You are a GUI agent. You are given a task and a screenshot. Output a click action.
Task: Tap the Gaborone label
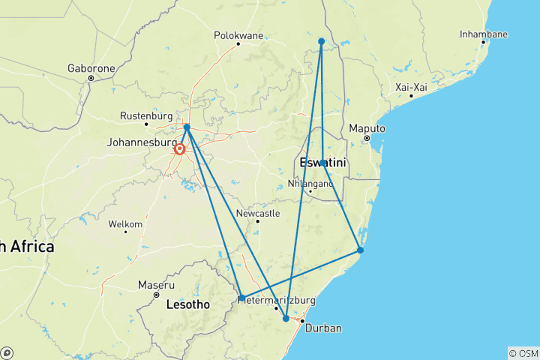91,67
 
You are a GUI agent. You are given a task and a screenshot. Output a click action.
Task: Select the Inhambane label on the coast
484,34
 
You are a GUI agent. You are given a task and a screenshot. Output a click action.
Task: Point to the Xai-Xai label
412,87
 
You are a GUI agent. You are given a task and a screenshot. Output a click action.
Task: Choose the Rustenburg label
145,115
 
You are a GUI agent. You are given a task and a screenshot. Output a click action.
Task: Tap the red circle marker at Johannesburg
180,149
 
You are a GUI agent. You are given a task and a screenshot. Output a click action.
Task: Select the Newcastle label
257,213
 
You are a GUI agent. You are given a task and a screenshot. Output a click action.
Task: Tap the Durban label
323,328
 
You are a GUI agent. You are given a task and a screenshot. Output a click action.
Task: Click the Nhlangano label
310,182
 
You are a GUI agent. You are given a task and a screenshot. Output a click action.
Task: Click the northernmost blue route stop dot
321,41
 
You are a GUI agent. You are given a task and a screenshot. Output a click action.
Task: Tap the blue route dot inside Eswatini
322,163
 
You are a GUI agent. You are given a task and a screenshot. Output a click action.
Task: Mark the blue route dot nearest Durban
286,319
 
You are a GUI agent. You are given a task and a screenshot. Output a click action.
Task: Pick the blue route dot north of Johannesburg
187,127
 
